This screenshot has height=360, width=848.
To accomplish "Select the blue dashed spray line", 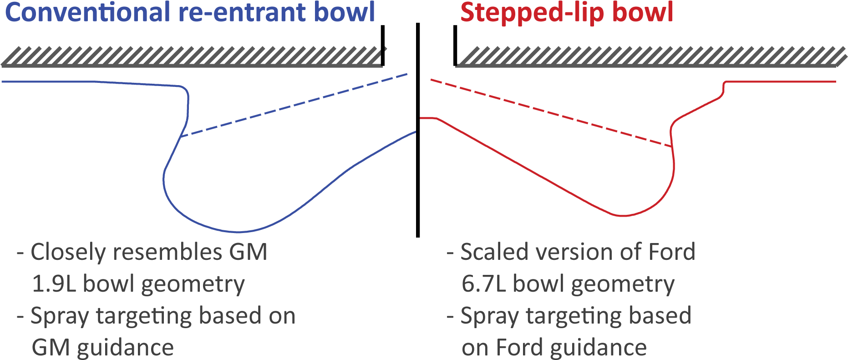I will pyautogui.click(x=296, y=105).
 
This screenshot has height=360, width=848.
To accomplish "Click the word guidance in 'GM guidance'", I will pyautogui.click(x=125, y=348).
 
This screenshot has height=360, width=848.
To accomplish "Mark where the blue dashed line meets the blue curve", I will pyautogui.click(x=181, y=136).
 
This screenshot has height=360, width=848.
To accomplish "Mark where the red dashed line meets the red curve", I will pyautogui.click(x=672, y=147).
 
